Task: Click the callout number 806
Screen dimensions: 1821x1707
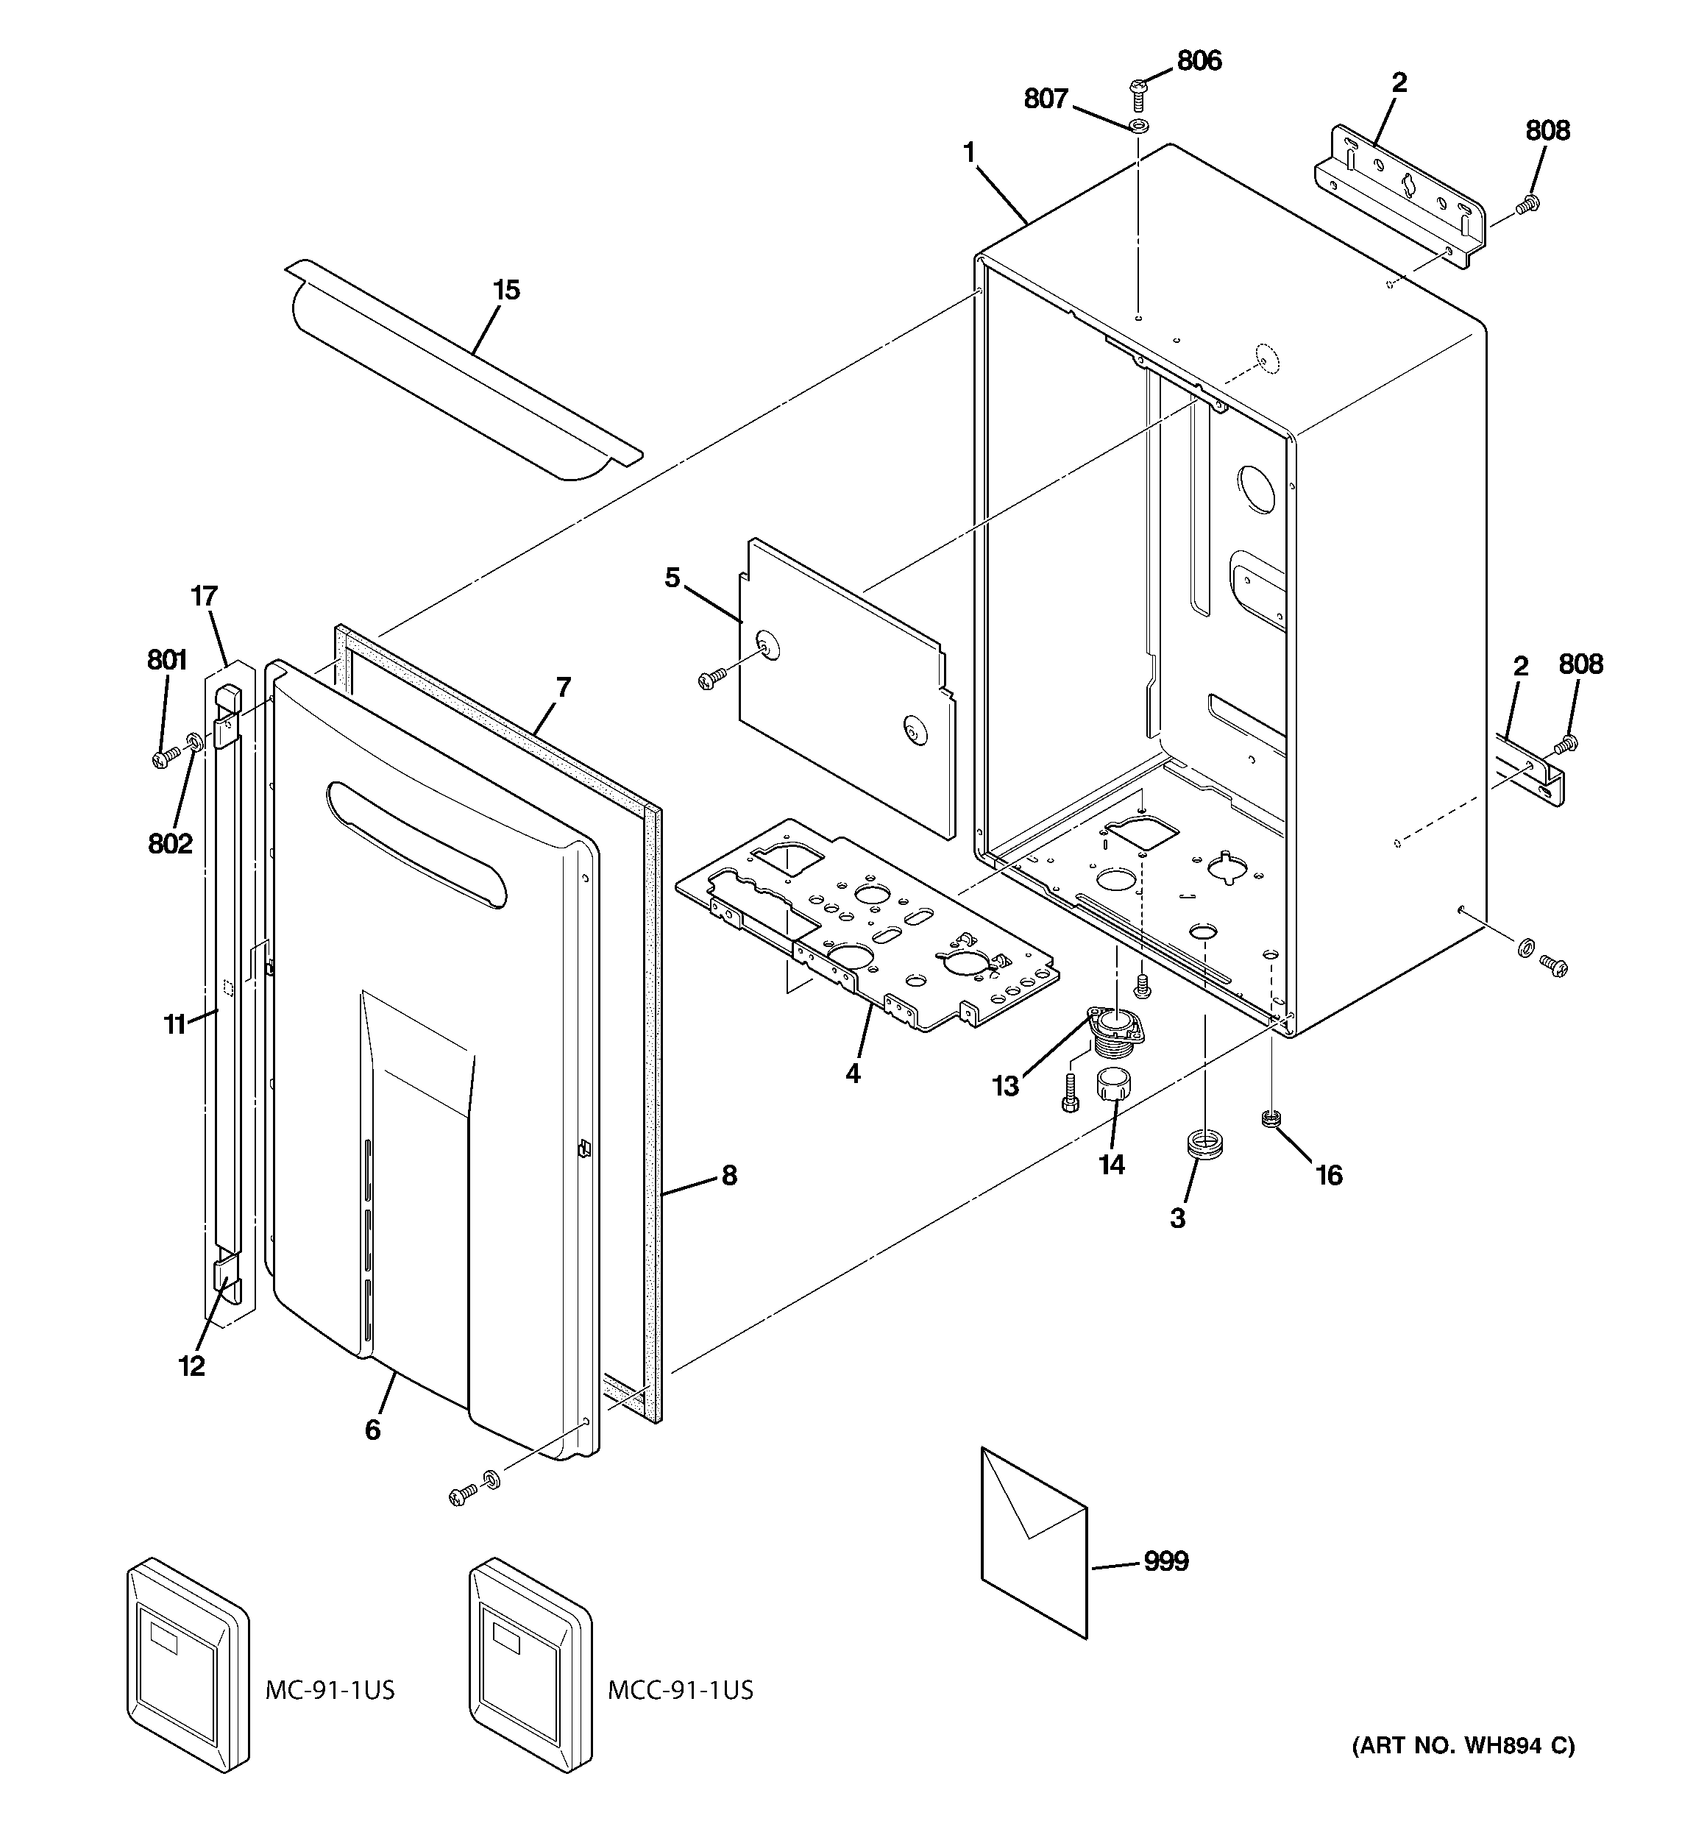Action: click(x=1199, y=60)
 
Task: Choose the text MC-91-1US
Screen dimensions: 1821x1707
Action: click(x=330, y=1690)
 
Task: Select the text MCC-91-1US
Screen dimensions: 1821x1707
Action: click(x=680, y=1690)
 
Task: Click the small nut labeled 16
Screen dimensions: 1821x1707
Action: click(x=1270, y=1118)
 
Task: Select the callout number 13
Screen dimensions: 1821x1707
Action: click(x=1005, y=1087)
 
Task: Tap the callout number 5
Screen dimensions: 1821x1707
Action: click(x=672, y=578)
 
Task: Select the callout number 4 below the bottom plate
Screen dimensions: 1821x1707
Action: click(x=853, y=1073)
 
